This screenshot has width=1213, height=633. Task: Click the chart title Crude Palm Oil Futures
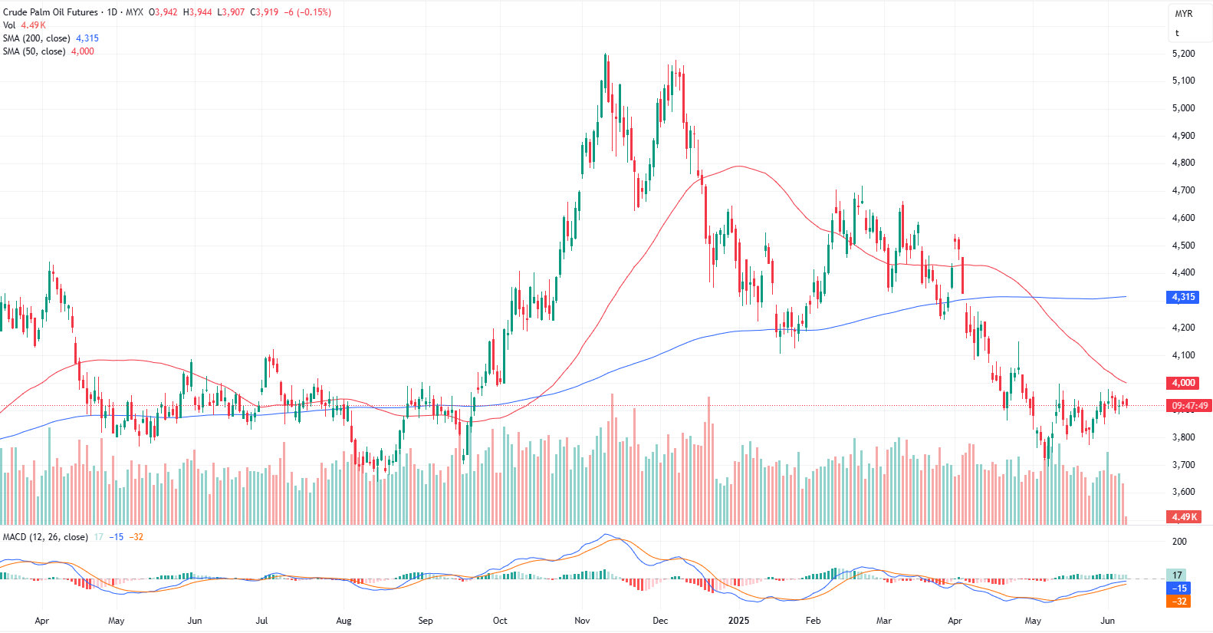51,12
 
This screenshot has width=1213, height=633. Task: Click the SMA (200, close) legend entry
36,38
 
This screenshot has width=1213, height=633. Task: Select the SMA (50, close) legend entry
34,51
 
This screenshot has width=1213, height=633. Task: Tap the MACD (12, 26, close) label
45,537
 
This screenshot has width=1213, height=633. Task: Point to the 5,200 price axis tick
1183,54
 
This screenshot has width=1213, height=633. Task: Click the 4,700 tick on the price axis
1183,190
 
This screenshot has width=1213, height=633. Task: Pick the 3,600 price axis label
1183,492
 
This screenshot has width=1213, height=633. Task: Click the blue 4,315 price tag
1182,297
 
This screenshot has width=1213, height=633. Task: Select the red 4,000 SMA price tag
1182,383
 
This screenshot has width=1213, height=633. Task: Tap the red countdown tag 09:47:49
1188,406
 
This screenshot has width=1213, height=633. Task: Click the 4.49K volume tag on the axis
1183,517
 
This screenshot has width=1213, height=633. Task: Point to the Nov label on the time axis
582,621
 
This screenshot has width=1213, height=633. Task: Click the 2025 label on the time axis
738,621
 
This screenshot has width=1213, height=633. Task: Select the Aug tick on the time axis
344,621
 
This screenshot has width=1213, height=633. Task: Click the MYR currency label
1184,14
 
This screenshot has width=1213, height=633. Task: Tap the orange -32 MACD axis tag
1178,602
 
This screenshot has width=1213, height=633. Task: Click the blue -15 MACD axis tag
1178,588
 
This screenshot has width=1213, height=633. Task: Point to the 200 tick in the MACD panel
1179,542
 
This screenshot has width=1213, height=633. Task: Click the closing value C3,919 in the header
265,12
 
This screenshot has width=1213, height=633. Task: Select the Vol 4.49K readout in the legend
24,25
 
